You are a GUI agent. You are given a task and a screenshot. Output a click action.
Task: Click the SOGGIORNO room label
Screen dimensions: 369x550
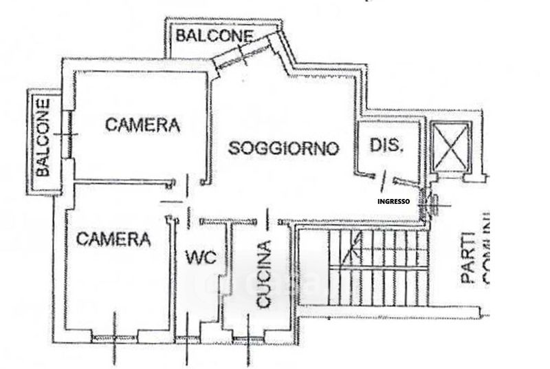[x=284, y=148]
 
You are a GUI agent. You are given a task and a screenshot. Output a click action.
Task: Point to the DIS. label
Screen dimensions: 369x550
[x=385, y=145]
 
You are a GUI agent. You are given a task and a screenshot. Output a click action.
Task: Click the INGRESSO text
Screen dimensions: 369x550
[x=394, y=202]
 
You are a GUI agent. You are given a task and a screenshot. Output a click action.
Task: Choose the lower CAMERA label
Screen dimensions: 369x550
[x=113, y=239]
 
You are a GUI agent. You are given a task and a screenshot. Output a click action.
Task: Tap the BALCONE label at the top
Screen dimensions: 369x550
[x=214, y=35]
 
